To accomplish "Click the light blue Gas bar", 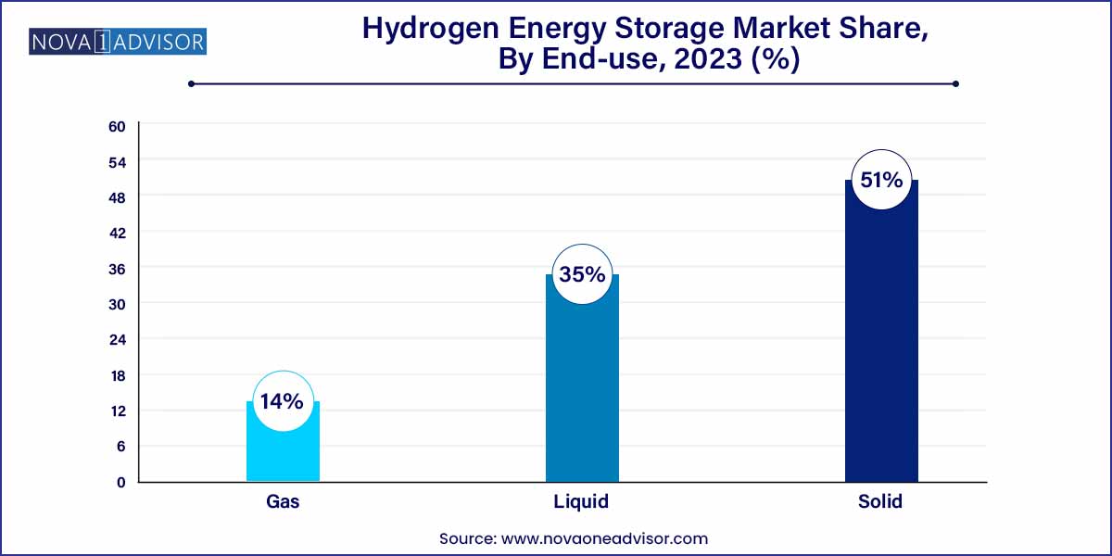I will pos(283,454).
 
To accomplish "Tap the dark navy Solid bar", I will pos(881,352).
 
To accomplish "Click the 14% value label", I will pos(282,401).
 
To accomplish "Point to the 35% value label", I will pos(582,274).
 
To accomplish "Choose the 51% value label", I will pos(881,180).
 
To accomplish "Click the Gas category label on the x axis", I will pos(282,502).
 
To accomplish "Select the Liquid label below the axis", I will pos(582,502).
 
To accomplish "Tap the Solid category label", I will pos(880,502).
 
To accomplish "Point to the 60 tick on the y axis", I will pos(118,126).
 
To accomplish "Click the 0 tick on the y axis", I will pos(120,482).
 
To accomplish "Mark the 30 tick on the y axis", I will pos(118,304).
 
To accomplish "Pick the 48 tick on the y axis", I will pos(118,197).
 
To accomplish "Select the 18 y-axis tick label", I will pos(118,375).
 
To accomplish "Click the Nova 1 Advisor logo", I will pos(118,42).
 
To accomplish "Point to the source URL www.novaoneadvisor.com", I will pos(604,537).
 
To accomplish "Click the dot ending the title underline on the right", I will pos(955,83).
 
